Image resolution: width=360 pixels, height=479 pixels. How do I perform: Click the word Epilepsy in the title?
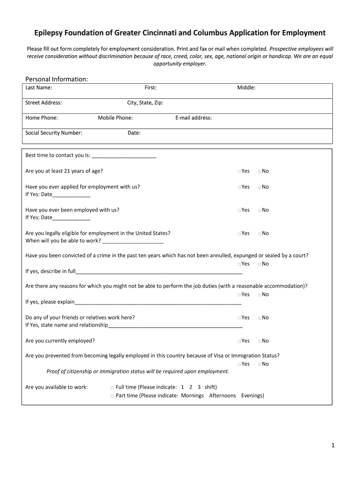click(50, 33)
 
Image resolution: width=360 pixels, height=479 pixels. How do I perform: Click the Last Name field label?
click(38, 87)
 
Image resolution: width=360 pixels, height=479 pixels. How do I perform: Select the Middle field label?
click(246, 87)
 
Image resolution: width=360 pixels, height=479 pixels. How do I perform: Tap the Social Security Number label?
click(54, 133)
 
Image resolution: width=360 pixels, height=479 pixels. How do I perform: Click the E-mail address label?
click(194, 118)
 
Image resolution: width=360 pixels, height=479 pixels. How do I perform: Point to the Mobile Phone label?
click(115, 118)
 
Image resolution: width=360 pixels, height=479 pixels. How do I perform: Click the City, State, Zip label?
click(145, 103)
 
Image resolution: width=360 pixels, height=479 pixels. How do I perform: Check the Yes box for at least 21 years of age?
click(239, 172)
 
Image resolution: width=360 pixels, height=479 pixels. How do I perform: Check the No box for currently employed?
click(259, 341)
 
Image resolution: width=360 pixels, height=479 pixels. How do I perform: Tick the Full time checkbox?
click(112, 388)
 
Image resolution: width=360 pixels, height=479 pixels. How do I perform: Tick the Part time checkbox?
click(112, 396)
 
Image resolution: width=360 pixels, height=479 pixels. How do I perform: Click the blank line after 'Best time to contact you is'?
click(124, 156)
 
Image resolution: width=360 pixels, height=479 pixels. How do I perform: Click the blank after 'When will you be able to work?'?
click(133, 241)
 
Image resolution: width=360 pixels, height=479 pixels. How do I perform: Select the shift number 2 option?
click(191, 387)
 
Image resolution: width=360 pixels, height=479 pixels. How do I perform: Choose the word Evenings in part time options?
click(252, 396)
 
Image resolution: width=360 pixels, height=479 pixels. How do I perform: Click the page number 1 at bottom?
click(333, 446)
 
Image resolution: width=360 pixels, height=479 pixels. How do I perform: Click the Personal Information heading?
click(57, 79)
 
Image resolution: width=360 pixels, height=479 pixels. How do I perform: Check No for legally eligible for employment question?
click(259, 234)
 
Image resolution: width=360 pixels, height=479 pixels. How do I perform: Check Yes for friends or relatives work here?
click(239, 318)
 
